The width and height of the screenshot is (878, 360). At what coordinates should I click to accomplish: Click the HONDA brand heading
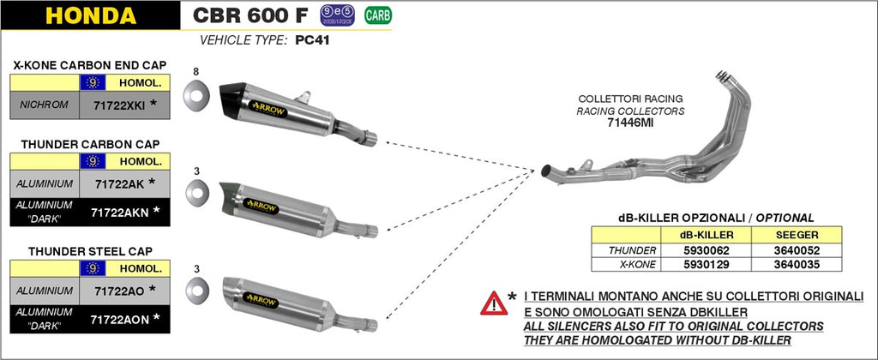coord(89,15)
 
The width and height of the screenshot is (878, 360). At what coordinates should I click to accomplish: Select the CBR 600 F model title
coord(250,15)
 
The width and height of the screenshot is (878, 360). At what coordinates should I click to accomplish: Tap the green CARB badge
coord(375,15)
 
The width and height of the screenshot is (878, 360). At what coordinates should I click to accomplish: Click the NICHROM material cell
coord(43,106)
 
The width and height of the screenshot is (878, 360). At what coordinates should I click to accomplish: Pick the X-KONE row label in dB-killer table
coord(631,265)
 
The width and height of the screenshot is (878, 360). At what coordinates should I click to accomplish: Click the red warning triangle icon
coord(494,302)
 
